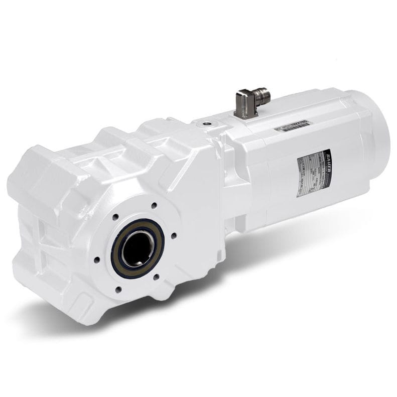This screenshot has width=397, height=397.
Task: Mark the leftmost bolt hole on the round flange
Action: (x=97, y=259)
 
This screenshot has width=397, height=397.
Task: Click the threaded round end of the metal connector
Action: (x=262, y=95)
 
